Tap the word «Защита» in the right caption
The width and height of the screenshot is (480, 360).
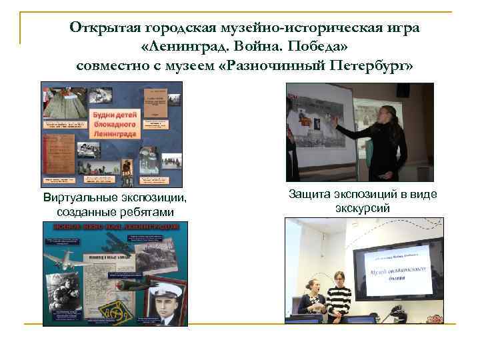pos(309,194)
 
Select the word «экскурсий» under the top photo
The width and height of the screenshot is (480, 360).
pos(362,208)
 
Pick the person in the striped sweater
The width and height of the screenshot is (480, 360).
pos(338,297)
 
